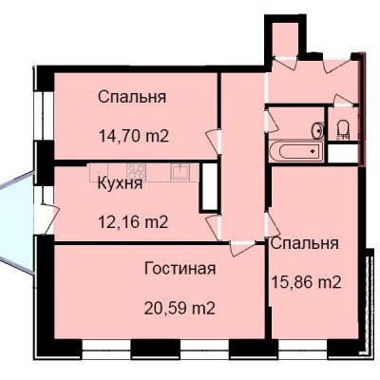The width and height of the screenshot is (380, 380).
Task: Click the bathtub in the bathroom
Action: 295,151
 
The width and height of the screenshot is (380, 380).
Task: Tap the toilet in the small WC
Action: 342,130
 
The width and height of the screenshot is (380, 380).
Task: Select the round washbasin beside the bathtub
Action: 317,130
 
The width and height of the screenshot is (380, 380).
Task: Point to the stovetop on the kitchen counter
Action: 137,172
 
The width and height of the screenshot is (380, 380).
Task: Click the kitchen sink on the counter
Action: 180,172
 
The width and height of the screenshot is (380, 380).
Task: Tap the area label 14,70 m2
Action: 133,137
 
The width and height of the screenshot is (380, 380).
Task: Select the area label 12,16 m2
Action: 133,222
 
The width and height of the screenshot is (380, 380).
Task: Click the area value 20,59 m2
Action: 180,308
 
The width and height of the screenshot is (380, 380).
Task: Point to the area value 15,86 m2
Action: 307,282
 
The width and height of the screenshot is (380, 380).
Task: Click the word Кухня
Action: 120,183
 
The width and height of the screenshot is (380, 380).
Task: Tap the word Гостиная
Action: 180,269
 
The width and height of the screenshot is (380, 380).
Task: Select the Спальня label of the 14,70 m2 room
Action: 132,97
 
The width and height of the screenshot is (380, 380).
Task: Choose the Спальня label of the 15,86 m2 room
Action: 305,243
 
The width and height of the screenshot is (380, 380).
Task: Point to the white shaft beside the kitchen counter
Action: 209,187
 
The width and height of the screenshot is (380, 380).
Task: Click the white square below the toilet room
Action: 343,154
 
